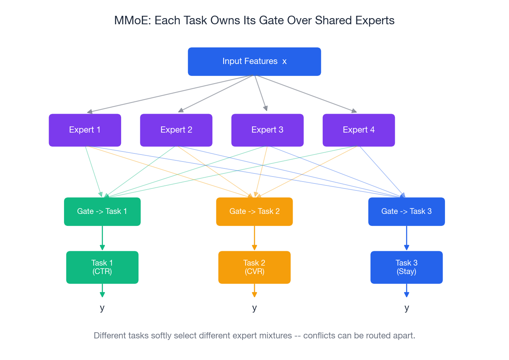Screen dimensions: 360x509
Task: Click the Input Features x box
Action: (254, 62)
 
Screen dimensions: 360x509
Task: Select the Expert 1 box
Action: (85, 130)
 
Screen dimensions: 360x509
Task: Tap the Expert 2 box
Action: (176, 130)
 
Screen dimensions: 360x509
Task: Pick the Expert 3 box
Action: (267, 130)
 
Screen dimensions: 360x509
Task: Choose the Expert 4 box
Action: (359, 130)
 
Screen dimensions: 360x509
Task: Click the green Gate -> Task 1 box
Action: (102, 212)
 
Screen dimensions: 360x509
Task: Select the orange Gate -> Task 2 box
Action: (254, 212)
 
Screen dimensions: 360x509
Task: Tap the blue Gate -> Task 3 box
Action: (406, 212)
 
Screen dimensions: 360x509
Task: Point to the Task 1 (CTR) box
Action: (102, 267)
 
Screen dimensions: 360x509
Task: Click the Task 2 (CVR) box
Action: (254, 267)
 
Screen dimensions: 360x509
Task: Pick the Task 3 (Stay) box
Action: (406, 267)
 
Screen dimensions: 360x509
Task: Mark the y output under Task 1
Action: (102, 308)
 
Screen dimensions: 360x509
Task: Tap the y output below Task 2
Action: (254, 308)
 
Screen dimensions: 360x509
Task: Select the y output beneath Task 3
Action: (406, 308)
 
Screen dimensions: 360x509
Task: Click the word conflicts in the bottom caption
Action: (319, 336)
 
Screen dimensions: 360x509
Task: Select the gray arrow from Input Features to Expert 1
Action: (170, 94)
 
